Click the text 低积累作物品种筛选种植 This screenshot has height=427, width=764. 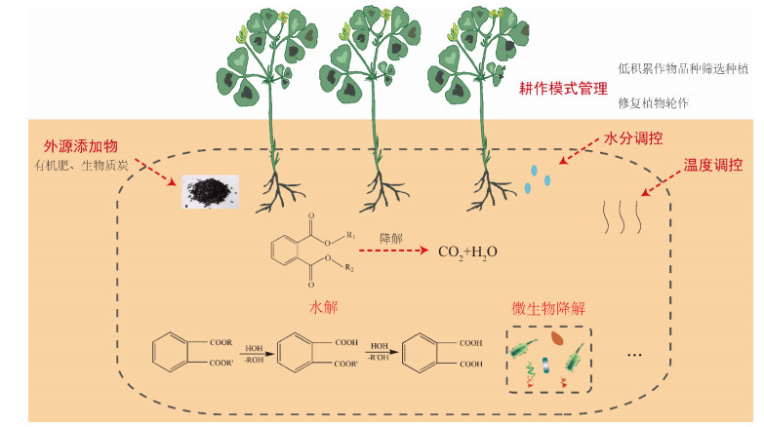684,68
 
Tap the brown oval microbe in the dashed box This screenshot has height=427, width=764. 557,338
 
